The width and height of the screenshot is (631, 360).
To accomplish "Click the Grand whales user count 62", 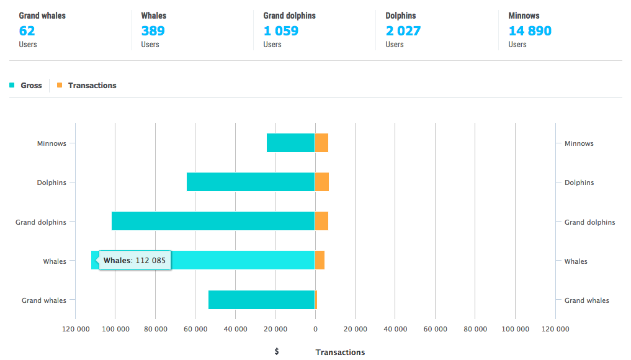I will click(27, 30).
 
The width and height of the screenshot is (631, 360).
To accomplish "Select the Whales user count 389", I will click(153, 30).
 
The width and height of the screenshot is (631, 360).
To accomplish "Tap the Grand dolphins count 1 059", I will click(281, 30).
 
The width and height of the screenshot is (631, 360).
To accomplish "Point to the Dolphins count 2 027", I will click(403, 30).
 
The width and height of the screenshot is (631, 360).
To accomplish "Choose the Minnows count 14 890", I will click(530, 30).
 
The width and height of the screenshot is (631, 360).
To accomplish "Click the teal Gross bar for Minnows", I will click(290, 143).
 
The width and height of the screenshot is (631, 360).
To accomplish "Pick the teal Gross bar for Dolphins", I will click(251, 182).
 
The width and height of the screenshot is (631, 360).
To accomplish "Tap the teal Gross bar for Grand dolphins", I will click(213, 221).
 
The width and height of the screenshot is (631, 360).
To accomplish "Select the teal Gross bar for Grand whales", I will click(261, 300).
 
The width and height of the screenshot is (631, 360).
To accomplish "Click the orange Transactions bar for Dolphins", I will click(322, 182).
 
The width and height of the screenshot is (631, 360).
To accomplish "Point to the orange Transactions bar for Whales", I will click(320, 260).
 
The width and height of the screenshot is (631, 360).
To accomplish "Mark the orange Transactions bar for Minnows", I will click(321, 143).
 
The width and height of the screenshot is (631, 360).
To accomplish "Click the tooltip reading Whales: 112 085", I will click(135, 261).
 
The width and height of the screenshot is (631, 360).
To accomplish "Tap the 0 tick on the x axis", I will click(315, 329).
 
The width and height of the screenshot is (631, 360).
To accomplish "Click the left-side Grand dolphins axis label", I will click(41, 222).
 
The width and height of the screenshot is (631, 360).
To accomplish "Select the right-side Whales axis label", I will click(576, 261).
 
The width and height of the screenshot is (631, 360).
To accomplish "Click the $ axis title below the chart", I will click(277, 351).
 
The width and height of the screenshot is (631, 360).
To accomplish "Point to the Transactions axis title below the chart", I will click(340, 353).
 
